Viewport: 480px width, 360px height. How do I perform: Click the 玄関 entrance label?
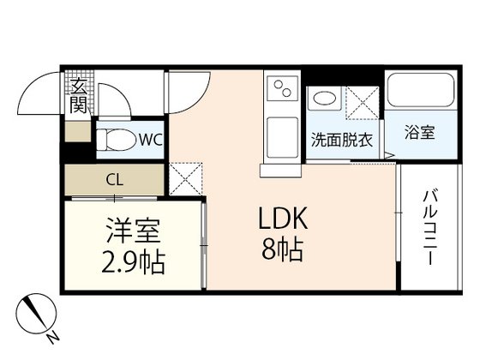[78, 95]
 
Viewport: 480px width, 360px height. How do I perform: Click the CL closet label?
[113, 180]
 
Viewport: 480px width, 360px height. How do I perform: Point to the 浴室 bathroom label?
[419, 134]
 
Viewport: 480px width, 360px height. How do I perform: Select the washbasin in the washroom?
[325, 99]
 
